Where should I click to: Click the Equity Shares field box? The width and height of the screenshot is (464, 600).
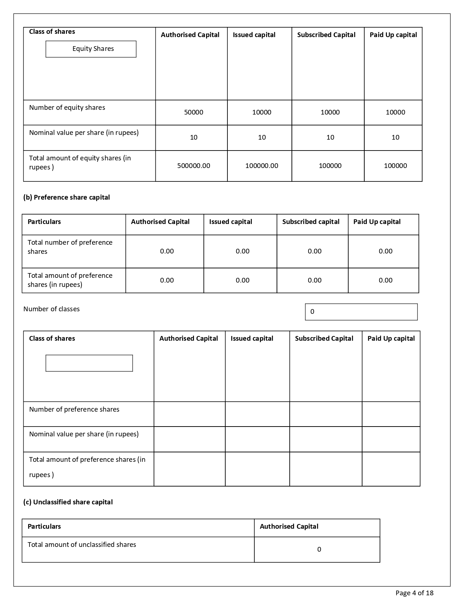coord(91,49)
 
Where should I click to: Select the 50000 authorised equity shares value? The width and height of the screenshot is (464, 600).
coord(194,112)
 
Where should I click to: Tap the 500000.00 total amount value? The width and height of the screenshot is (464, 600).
coord(194,166)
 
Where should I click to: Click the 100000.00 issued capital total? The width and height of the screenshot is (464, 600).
coord(262,166)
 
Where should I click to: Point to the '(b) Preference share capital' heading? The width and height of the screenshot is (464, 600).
coord(67,197)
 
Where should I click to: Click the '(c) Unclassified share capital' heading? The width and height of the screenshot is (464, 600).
coord(68,502)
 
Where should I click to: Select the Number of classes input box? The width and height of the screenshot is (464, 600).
coord(361,312)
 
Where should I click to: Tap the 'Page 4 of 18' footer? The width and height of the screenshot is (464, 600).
coord(415,593)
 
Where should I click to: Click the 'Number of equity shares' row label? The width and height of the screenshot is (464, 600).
coord(67,108)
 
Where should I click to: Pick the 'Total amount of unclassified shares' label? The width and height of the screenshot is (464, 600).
coord(82,545)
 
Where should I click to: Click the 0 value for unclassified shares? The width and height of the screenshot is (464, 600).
coord(319,549)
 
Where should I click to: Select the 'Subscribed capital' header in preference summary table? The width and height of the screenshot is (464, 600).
coord(311,222)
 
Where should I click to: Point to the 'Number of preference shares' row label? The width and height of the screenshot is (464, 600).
coord(74,409)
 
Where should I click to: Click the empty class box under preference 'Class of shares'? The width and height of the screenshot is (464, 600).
coord(89,363)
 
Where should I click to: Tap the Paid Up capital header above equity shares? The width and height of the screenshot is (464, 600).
coord(393,35)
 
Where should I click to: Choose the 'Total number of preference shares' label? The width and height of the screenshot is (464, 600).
coord(70,247)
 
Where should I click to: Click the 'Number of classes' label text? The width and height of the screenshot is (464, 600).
coord(51,309)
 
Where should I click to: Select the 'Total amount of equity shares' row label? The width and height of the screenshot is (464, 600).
coord(80,163)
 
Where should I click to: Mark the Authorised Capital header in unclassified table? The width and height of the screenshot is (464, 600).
coord(289,527)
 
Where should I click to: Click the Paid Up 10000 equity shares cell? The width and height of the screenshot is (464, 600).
coord(395,112)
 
